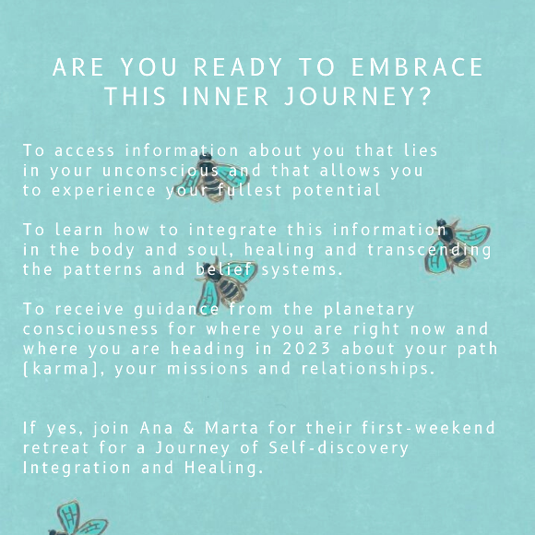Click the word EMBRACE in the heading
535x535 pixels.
[x=417, y=67]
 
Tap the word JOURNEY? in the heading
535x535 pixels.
[x=358, y=97]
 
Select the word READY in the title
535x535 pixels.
[x=238, y=67]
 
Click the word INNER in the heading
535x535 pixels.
[x=225, y=97]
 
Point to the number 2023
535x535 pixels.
[x=306, y=349]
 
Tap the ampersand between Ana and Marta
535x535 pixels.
[x=189, y=428]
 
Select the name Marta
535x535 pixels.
[x=231, y=428]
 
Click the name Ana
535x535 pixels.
[x=156, y=428]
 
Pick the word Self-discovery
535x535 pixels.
[x=339, y=448]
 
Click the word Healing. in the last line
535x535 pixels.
[x=224, y=468]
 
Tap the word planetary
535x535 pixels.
[x=369, y=310]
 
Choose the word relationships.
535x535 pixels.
[x=368, y=369]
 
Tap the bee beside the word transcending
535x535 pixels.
[x=457, y=246]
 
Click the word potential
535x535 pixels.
[x=337, y=190]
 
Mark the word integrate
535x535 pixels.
[x=232, y=231]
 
